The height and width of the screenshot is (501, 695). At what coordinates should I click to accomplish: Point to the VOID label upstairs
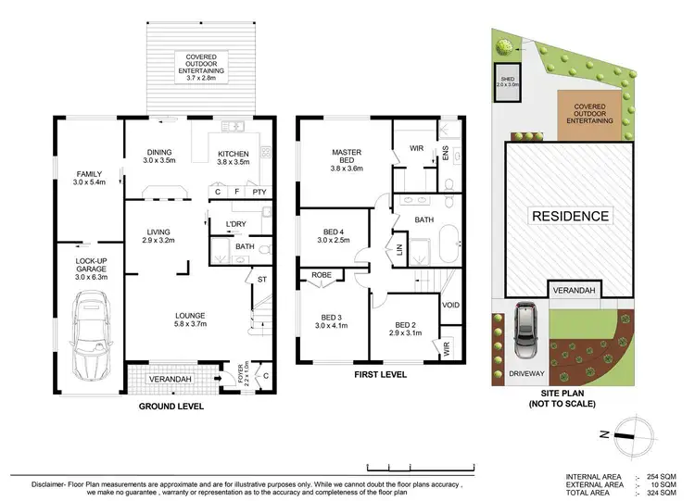click(451, 305)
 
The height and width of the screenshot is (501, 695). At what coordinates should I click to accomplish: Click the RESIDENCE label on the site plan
click(570, 217)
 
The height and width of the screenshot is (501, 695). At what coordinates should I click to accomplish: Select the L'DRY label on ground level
click(234, 223)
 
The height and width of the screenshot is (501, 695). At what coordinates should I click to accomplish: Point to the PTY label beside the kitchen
click(259, 192)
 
